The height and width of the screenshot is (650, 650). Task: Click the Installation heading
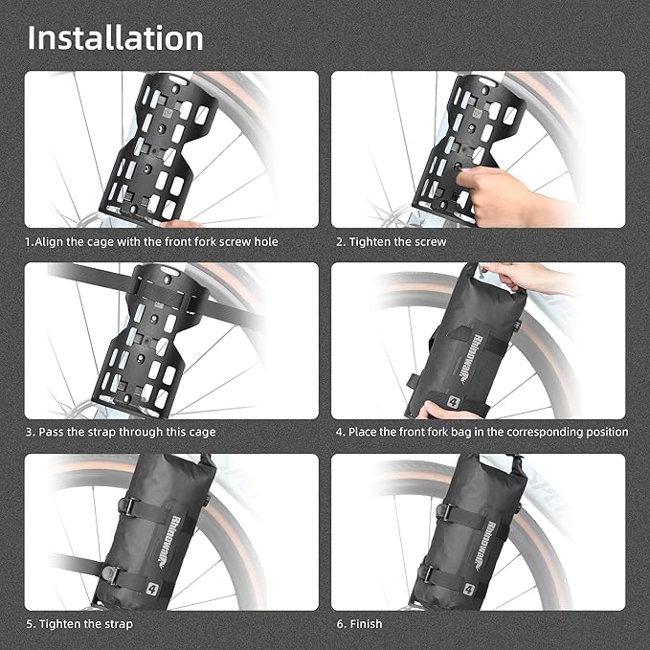tap(115, 37)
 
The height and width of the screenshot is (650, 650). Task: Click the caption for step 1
tap(152, 242)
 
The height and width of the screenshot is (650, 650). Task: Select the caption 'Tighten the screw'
tap(391, 242)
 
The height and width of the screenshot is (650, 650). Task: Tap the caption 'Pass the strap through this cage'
tap(121, 433)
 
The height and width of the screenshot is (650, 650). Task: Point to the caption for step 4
tap(482, 433)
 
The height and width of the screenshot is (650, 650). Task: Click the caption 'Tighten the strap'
tap(79, 624)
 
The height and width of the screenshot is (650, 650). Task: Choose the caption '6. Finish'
tap(359, 624)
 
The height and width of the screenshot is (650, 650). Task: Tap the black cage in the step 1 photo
tap(158, 144)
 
